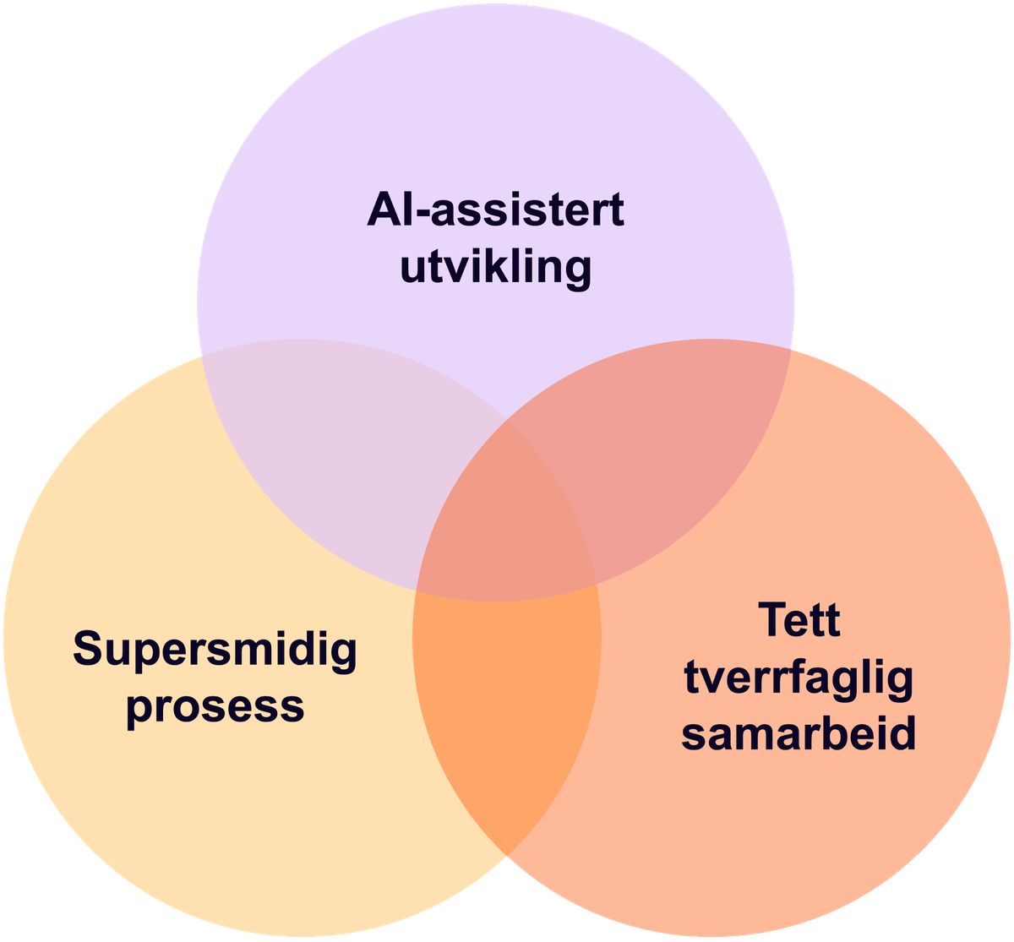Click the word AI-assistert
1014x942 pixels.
click(495, 210)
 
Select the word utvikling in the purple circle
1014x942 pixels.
click(495, 269)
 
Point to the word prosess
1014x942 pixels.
click(215, 705)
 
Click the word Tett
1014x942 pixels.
click(799, 620)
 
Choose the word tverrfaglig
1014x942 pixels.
click(799, 678)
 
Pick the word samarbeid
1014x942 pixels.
click(799, 733)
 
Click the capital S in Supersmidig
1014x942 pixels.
click(89, 649)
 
